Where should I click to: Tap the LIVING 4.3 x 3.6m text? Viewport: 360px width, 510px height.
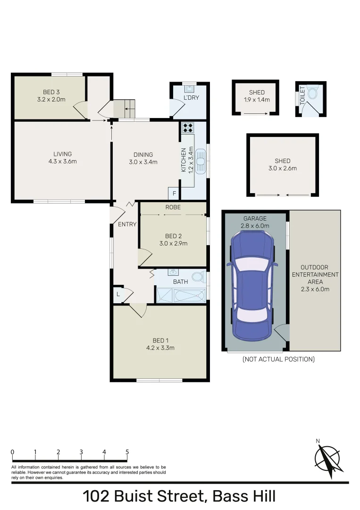[62, 157]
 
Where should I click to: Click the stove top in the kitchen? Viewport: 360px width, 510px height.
[188, 127]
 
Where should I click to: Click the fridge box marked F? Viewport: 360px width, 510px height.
[174, 194]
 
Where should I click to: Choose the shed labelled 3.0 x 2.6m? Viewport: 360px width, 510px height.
[283, 164]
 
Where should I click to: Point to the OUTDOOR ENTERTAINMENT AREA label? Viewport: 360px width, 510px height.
[315, 278]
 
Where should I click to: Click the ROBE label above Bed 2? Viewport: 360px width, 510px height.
[173, 207]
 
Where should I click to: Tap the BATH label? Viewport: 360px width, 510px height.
[180, 282]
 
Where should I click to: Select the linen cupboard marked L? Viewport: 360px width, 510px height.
[117, 294]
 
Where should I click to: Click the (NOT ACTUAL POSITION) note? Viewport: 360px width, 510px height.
[278, 359]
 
